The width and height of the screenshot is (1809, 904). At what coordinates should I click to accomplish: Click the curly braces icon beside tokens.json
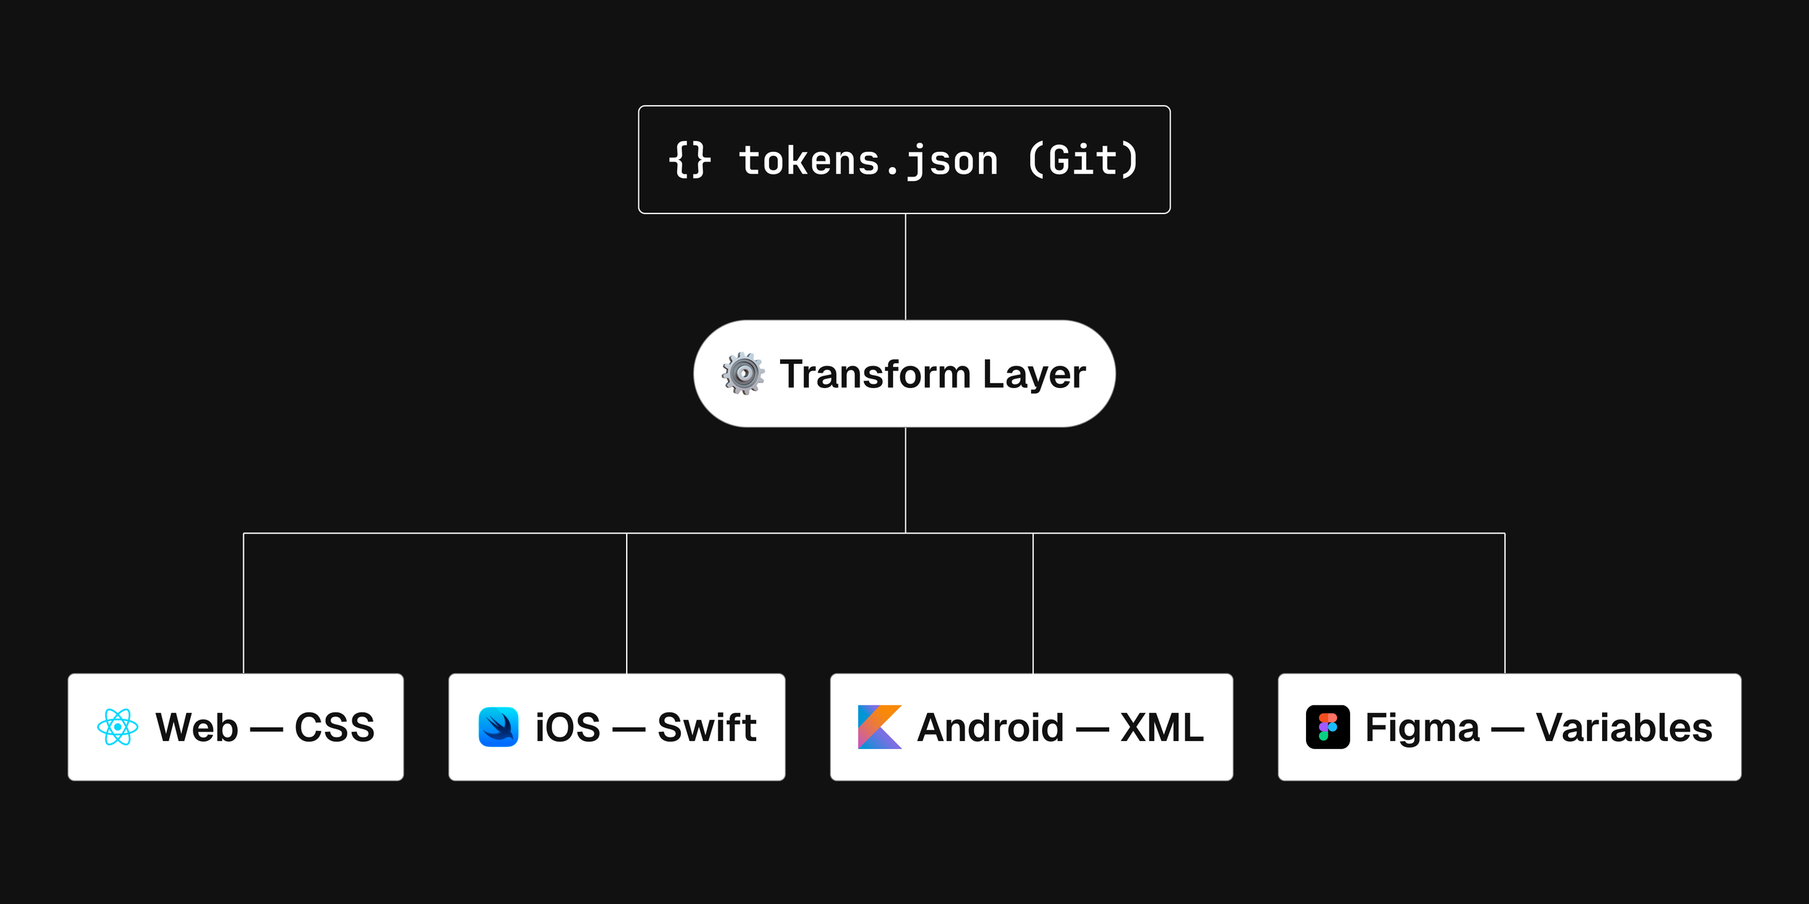coord(690,160)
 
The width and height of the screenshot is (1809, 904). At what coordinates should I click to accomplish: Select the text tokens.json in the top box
coord(868,161)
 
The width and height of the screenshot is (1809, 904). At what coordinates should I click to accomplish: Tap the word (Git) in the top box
coord(1083,160)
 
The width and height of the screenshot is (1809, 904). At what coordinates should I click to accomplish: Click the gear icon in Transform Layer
coord(743,373)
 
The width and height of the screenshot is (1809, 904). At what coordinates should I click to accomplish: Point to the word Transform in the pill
coord(875,374)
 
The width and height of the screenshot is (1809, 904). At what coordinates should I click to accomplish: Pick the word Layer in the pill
coord(1034,376)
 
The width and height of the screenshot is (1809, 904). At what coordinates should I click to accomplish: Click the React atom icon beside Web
coord(118,727)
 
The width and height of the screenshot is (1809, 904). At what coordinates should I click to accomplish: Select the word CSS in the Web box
coord(334,727)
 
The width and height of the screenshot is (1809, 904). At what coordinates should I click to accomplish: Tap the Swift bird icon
coord(499,727)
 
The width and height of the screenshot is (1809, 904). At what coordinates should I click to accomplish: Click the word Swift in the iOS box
coord(707,727)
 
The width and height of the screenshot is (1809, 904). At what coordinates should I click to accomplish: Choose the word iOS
coord(568,727)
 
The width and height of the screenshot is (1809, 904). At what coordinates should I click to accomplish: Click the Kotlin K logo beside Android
coord(880,727)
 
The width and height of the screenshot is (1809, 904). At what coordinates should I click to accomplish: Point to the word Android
coord(991,727)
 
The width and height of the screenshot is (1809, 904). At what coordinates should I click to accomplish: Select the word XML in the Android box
coord(1162,727)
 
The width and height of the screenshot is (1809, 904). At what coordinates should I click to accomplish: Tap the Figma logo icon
coord(1328,727)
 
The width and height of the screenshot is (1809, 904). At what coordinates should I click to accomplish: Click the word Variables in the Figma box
coord(1624,727)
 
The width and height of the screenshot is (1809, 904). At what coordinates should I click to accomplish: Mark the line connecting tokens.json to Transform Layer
coord(905,267)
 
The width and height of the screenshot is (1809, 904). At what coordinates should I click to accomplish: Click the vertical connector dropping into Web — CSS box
coord(244,604)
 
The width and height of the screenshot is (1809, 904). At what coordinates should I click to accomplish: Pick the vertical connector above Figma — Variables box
coord(1505,604)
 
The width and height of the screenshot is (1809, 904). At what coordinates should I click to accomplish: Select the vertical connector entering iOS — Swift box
coord(627,604)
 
